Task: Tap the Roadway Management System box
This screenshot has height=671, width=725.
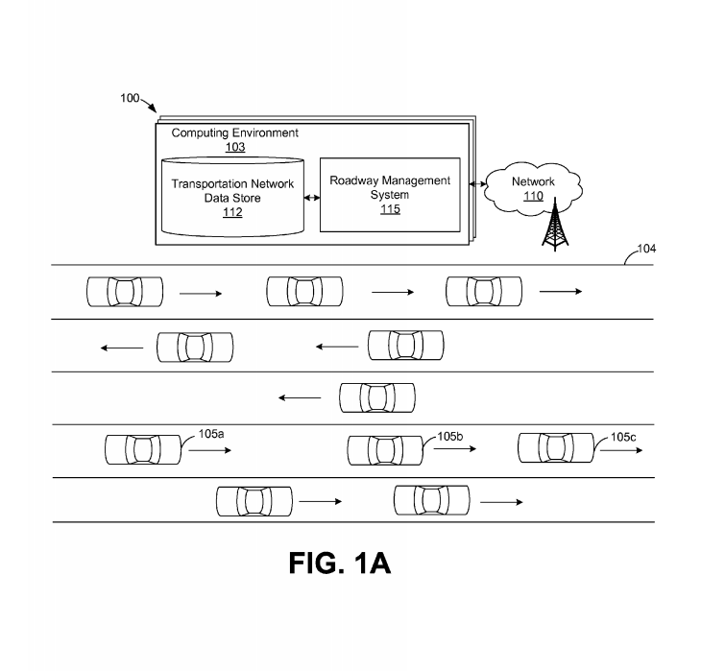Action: point(389,194)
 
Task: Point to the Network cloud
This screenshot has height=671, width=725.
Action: point(533,187)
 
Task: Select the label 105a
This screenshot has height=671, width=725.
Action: point(211,434)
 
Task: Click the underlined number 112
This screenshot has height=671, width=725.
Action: point(232,213)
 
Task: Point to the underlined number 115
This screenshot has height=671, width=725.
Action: point(389,209)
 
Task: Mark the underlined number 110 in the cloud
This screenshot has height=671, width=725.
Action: point(533,196)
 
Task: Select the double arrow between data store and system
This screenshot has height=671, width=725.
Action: point(311,198)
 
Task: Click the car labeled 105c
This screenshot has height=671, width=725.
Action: point(556,447)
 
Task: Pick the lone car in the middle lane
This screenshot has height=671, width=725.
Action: point(377,396)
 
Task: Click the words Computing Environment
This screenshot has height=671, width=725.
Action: point(235,133)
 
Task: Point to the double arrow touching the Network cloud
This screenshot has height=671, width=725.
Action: point(476,183)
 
